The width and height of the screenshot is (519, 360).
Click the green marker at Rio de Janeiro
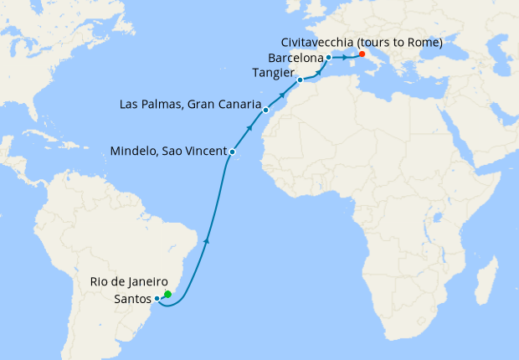[x=167, y=294]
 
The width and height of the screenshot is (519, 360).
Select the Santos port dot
[x=157, y=299]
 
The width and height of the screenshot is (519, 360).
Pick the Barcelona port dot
[x=329, y=58]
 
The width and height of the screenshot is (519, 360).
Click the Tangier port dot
[x=300, y=80]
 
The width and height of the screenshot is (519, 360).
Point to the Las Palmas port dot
[x=265, y=110]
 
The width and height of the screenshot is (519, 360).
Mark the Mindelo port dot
[x=232, y=152]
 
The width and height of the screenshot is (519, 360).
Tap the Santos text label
[x=133, y=299]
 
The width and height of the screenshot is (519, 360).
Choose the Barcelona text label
[x=297, y=58]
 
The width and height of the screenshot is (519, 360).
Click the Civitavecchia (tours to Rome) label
[x=362, y=42]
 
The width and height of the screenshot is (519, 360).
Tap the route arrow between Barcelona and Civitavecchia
[x=345, y=58]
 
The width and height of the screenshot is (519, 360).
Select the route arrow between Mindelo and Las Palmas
[x=249, y=129]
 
